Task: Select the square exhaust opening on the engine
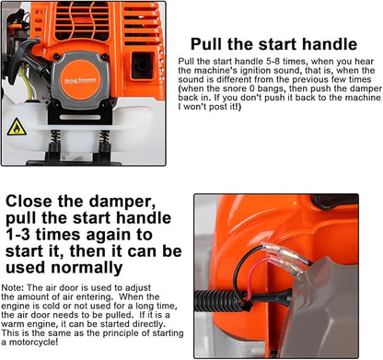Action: (144, 64)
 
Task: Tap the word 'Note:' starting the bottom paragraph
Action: (14, 287)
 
